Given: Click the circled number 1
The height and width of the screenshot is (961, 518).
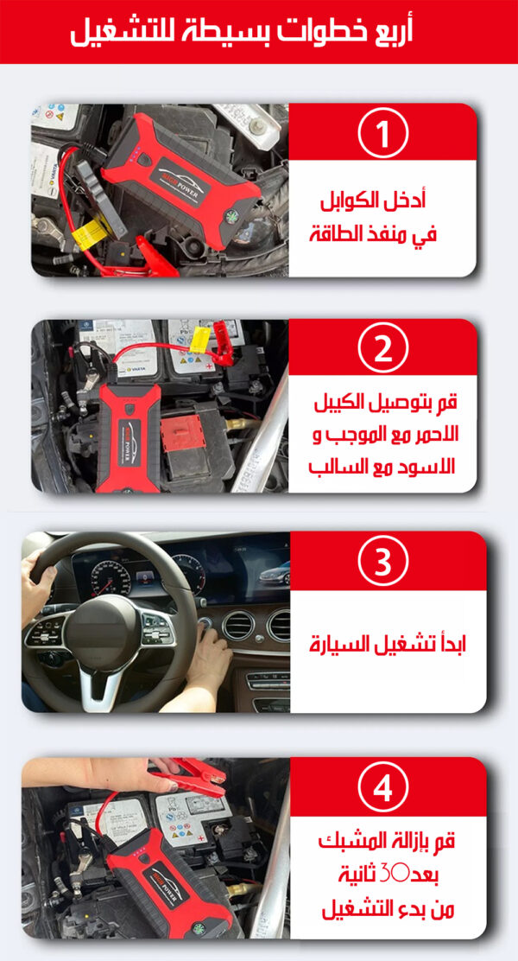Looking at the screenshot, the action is [382, 133].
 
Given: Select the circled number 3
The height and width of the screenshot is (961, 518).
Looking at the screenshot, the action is [382, 562].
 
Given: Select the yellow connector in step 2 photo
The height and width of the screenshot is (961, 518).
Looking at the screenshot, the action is [199, 340].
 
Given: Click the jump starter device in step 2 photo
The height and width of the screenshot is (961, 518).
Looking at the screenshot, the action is [128, 439].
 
